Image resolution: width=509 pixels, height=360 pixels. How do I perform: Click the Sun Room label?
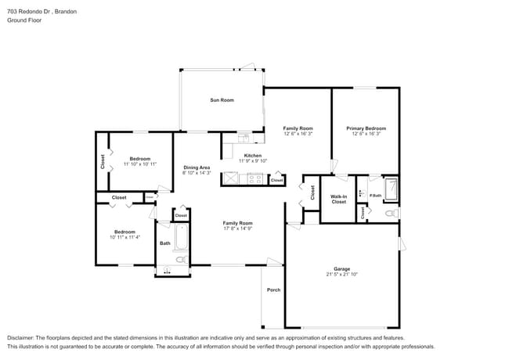point(222,100)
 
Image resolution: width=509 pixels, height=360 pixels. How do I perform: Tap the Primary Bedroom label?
point(366,128)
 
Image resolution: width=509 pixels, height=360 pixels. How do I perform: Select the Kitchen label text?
point(253,155)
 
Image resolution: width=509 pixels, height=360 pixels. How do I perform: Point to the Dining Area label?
point(197,167)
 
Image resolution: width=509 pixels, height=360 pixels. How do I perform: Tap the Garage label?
point(341,268)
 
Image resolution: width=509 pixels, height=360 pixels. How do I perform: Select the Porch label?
point(273,290)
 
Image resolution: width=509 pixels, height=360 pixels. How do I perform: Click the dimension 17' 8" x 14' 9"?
point(237,229)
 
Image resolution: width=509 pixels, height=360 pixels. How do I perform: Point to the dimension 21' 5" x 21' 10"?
point(341,275)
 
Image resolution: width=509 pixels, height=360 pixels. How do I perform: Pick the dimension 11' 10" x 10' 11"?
point(140,164)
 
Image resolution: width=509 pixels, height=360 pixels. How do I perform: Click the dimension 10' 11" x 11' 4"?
point(125,237)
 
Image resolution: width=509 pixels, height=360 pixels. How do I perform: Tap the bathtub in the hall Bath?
point(180,237)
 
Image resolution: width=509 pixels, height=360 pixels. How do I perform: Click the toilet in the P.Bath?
point(392,212)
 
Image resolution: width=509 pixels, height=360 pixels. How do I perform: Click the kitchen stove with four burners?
point(254,178)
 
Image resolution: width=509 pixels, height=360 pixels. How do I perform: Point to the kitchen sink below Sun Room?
point(244,139)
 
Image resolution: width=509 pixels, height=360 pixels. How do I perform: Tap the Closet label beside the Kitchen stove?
point(276,181)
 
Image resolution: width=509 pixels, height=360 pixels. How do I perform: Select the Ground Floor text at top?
point(24,20)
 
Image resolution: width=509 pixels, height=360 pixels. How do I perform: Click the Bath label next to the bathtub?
point(164,243)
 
